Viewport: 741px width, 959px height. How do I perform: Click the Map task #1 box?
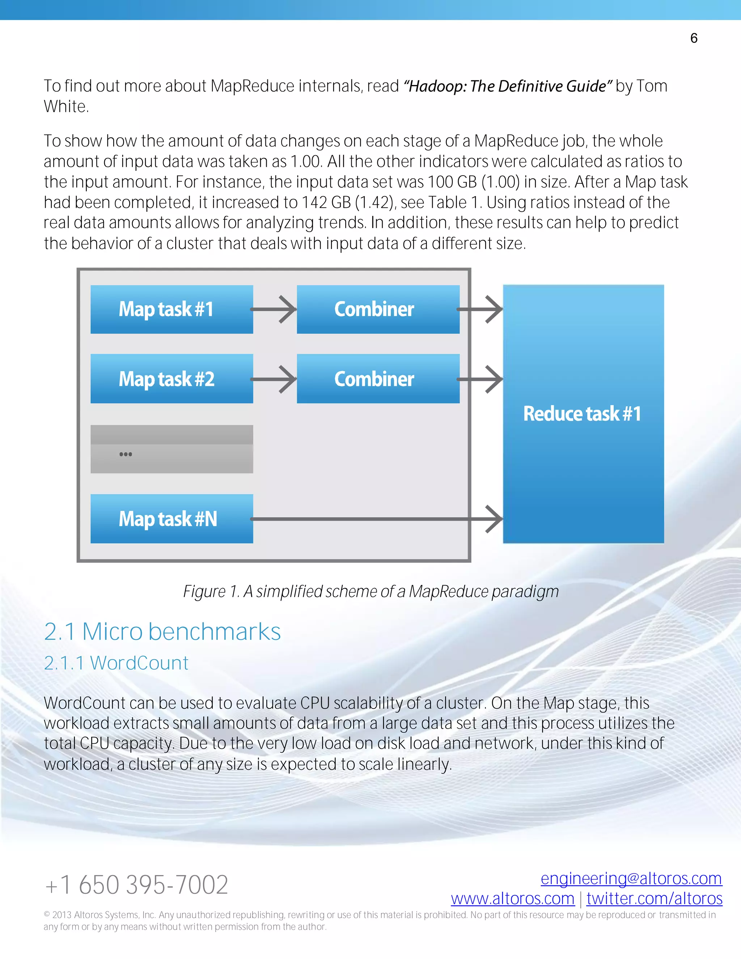pos(172,309)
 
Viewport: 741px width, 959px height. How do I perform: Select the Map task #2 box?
pos(172,379)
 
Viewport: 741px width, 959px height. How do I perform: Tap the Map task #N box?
pos(172,519)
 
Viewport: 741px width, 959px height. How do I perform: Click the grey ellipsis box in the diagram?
pos(172,449)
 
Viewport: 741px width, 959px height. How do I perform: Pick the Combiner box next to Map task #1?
pos(378,309)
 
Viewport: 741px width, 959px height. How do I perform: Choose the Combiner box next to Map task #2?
pos(378,379)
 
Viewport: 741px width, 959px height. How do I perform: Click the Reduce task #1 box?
pos(583,414)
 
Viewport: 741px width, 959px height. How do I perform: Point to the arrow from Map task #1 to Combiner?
pos(274,309)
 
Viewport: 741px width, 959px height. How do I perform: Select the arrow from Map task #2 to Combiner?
pos(274,379)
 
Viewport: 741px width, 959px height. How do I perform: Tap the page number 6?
pos(694,38)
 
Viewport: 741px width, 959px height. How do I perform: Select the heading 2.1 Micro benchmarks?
pos(162,632)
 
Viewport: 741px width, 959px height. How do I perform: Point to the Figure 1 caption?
pos(370,591)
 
